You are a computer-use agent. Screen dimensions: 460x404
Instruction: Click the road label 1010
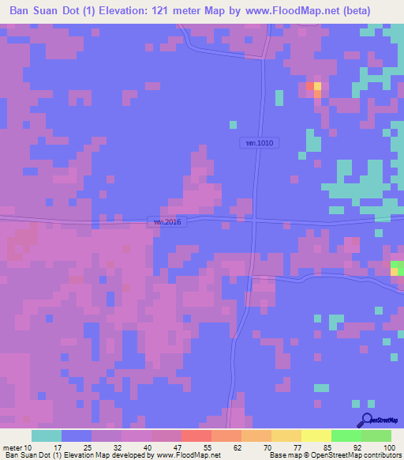[259, 143]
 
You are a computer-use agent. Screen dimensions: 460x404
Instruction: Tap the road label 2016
[167, 222]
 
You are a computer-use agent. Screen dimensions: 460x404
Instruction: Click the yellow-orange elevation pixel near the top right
[317, 86]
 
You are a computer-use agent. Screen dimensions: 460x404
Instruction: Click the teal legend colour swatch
[47, 435]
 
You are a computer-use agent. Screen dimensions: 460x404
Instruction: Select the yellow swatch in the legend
[316, 435]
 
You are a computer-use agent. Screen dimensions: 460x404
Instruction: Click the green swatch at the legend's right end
[376, 435]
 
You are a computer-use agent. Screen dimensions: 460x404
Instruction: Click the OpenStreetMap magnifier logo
[368, 420]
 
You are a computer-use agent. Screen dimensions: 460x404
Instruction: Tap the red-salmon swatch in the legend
[196, 435]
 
